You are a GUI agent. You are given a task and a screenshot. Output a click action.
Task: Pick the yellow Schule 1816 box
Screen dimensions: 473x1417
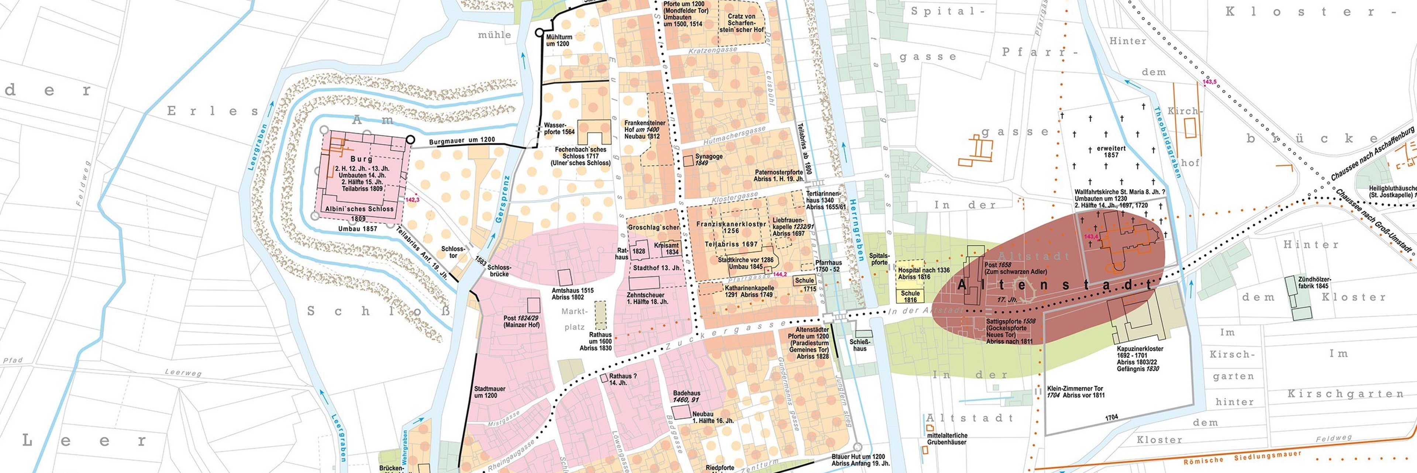(910, 296)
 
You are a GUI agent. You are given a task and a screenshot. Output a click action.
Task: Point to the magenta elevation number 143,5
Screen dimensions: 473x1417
(1209, 82)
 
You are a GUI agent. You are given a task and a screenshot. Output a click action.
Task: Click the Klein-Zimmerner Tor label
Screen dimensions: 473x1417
(1075, 391)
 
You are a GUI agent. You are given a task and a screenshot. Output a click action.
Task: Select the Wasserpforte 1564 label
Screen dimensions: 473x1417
(559, 128)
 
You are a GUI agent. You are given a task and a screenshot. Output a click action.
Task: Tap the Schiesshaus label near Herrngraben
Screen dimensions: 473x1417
(860, 345)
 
